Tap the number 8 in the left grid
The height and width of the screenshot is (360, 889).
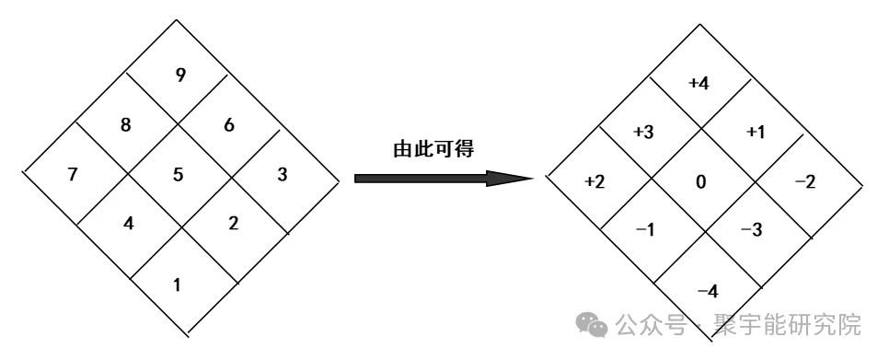[126, 125]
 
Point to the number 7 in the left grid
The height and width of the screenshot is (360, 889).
[73, 174]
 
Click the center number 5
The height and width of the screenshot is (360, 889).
[178, 174]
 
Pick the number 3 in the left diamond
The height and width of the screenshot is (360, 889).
[282, 174]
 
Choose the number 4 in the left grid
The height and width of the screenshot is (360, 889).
[129, 223]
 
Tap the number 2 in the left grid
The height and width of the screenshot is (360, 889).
[233, 223]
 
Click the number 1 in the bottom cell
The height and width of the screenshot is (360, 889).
[178, 284]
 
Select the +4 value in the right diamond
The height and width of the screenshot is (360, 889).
[698, 84]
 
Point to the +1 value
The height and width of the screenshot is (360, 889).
[755, 133]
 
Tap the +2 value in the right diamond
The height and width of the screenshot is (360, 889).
[595, 182]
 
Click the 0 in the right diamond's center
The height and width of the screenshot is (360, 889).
[701, 182]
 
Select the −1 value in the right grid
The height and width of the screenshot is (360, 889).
[645, 229]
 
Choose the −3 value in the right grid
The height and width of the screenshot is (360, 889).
[752, 229]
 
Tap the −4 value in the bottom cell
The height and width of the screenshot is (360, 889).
[708, 292]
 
